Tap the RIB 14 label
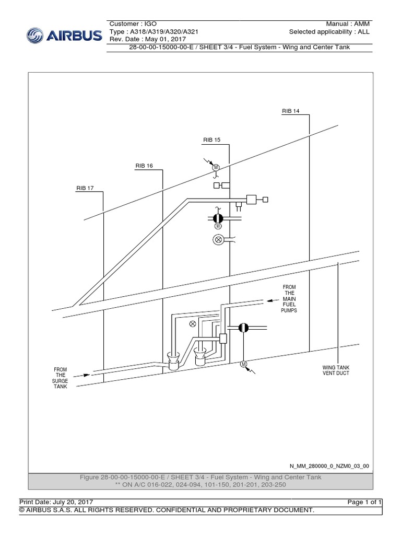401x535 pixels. click(290, 111)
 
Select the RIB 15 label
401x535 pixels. click(212, 140)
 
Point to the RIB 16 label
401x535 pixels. click(144, 166)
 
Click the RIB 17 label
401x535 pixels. click(85, 188)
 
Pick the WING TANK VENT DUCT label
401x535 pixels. click(335, 370)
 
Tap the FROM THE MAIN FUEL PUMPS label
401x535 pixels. click(289, 298)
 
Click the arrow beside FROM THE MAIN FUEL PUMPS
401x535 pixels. click(270, 300)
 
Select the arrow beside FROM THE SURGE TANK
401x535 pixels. click(80, 375)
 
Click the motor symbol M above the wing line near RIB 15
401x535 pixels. click(215, 167)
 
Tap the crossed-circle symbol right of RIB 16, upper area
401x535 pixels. click(218, 240)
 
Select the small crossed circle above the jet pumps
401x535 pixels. click(193, 324)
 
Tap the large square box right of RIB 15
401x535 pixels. click(251, 199)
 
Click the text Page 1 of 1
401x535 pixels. click(365, 502)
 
